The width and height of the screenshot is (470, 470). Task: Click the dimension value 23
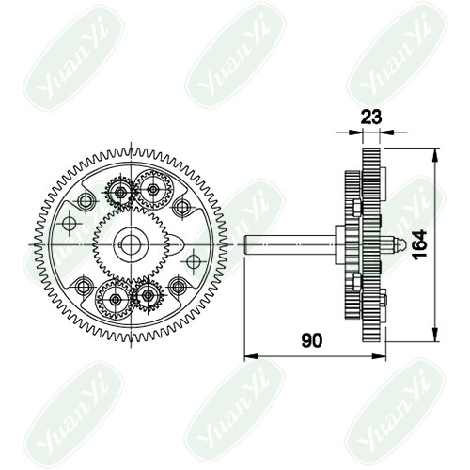[x=371, y=117]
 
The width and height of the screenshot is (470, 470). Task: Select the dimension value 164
[x=419, y=244]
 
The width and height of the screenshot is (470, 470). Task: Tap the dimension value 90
[x=312, y=340]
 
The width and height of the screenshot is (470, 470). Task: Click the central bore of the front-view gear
[x=131, y=244]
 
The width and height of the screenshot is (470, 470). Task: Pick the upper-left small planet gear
[x=120, y=192]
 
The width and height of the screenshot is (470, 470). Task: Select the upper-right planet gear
[x=153, y=189]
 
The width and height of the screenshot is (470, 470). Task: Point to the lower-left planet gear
[x=115, y=300]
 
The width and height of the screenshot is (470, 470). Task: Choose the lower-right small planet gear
[x=148, y=295]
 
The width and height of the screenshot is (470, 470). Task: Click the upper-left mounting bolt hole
[x=86, y=201]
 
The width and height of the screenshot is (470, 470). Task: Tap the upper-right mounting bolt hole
[x=181, y=207]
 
